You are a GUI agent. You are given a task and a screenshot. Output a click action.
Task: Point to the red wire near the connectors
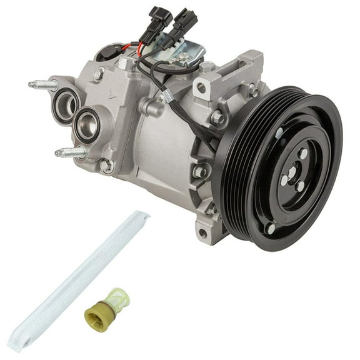[x=132, y=45]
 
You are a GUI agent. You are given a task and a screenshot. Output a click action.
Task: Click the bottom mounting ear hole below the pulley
[x=201, y=234]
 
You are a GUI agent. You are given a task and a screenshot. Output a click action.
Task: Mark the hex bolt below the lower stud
[x=106, y=167]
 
